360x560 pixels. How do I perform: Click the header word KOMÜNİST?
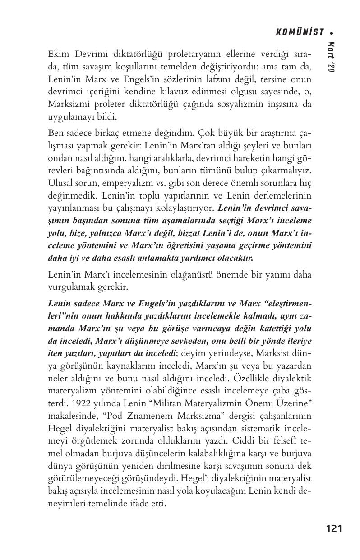pyautogui.click(x=300, y=32)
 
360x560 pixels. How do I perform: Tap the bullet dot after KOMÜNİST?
pyautogui.click(x=332, y=33)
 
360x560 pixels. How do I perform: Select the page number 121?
pyautogui.click(x=334, y=528)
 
